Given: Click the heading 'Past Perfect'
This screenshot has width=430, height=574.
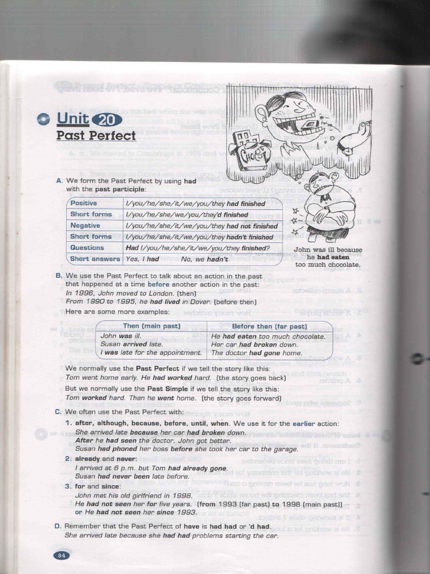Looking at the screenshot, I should pyautogui.click(x=96, y=136).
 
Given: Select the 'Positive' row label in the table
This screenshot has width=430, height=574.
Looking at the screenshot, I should pyautogui.click(x=83, y=203).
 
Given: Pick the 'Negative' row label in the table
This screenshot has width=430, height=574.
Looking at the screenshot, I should pyautogui.click(x=85, y=225).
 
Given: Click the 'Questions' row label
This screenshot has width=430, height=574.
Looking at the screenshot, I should pyautogui.click(x=87, y=248).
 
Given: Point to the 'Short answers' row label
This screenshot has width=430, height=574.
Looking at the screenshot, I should pyautogui.click(x=95, y=259).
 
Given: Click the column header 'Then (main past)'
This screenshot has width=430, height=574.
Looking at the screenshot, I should pyautogui.click(x=151, y=326).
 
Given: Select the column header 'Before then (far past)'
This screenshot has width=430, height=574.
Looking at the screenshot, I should pyautogui.click(x=269, y=326).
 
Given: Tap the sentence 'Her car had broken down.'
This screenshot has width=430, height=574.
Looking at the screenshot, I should pyautogui.click(x=255, y=345).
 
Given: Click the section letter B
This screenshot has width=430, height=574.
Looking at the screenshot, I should pyautogui.click(x=58, y=276).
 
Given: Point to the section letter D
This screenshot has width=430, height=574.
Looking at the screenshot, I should pyautogui.click(x=58, y=526).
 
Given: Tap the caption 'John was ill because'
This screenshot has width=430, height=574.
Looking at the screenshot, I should pyautogui.click(x=328, y=250).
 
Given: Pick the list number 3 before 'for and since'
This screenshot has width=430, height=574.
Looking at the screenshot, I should pyautogui.click(x=68, y=486).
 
